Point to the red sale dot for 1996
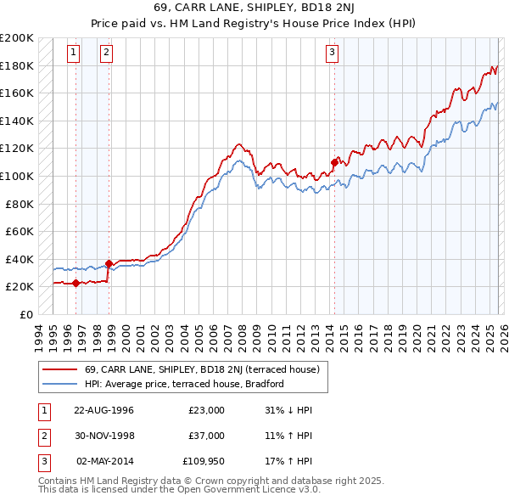[76, 283]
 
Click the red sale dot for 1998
[109, 263]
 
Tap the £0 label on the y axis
[25, 314]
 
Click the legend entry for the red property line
[202, 369]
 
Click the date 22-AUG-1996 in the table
[103, 410]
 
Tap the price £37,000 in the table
[206, 436]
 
